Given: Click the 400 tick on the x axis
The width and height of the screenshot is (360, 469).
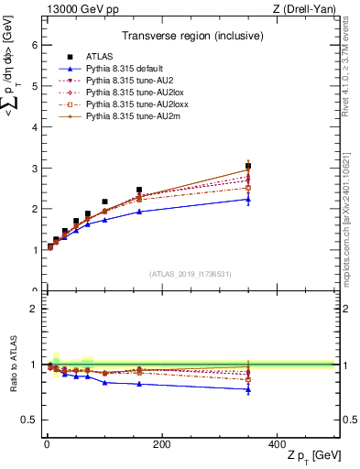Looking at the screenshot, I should pyautogui.click(x=277, y=443).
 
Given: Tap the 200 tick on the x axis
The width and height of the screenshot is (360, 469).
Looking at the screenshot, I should pyautogui.click(x=161, y=443).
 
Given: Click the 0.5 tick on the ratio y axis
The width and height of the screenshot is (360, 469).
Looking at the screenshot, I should pyautogui.click(x=29, y=420).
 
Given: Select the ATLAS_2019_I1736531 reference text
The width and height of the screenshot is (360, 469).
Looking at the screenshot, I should pyautogui.click(x=189, y=273).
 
